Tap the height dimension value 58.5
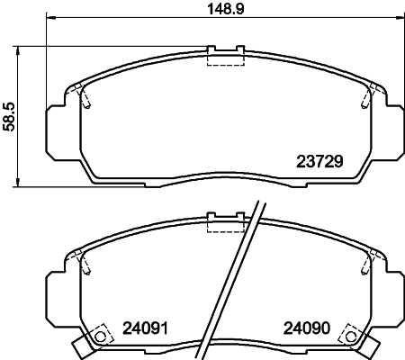(9, 115)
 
